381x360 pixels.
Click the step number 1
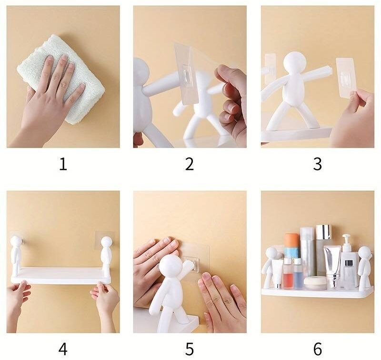(63, 164)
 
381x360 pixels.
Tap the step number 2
(190, 164)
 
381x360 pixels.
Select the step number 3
(317, 164)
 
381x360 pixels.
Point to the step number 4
(63, 349)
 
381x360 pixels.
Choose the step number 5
(190, 349)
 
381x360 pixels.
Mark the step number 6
(318, 349)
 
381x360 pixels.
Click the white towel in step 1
(61, 79)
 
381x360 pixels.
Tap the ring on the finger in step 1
(63, 85)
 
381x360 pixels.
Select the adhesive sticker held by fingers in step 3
(346, 77)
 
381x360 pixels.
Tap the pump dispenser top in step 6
(346, 240)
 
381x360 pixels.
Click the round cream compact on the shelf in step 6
(315, 283)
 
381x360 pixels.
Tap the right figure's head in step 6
(364, 253)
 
